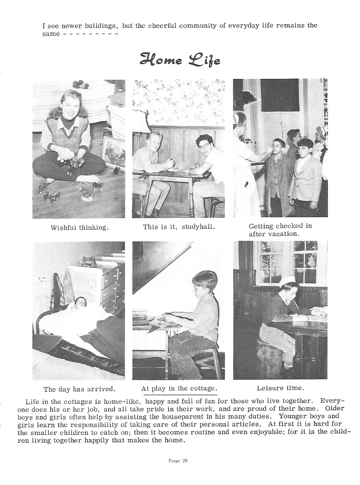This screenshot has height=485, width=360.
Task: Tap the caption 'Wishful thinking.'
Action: [x=79, y=228]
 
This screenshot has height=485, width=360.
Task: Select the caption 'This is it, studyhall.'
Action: [x=179, y=227]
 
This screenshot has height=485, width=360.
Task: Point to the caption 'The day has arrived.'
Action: [x=79, y=389]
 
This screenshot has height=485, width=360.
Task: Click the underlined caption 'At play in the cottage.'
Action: [x=179, y=388]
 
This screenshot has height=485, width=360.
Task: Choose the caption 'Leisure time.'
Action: [x=281, y=388]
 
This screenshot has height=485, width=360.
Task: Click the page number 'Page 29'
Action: [x=178, y=460]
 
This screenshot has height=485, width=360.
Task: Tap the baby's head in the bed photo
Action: [x=81, y=302]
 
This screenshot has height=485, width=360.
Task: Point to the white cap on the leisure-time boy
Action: [x=288, y=280]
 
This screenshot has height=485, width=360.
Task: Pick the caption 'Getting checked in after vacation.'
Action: [x=281, y=230]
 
